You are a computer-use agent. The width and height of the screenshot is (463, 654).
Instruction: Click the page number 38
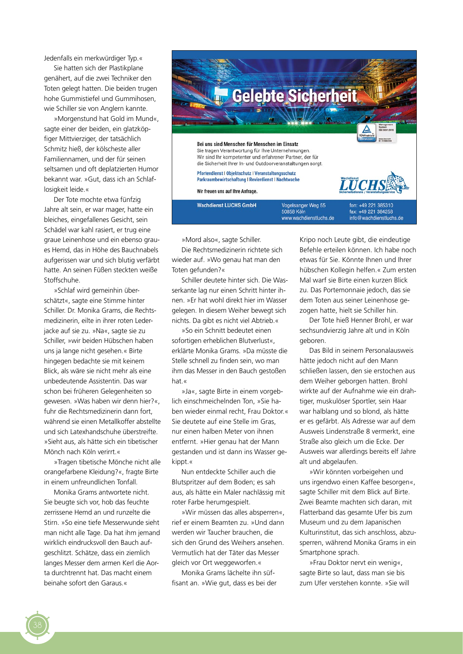[x=37, y=625]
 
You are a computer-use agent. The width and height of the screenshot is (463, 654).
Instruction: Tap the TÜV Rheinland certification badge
[x=366, y=133]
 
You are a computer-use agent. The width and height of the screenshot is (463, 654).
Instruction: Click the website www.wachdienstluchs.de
[x=308, y=218]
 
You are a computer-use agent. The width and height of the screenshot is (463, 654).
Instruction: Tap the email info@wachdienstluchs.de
[x=376, y=218]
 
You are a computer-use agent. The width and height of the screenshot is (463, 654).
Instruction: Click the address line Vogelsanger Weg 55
[x=303, y=205]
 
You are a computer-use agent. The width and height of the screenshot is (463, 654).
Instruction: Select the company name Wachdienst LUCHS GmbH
[x=227, y=205]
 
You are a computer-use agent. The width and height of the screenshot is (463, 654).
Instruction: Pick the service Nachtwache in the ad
[x=288, y=179]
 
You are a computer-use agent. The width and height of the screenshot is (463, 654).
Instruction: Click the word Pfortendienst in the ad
[x=210, y=173]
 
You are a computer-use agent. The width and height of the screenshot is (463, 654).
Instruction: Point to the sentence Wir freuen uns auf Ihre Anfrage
[x=227, y=191]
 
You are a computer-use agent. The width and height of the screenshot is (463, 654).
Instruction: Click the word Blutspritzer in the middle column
[x=191, y=482]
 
